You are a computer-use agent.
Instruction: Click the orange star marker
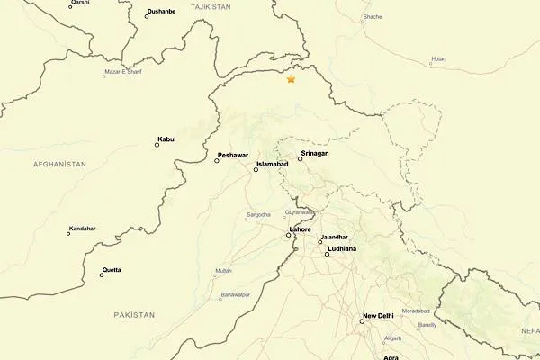point(291,79)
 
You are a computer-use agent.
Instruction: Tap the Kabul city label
point(166,139)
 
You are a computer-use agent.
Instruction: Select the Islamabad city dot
point(256,170)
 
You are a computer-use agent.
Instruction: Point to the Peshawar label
point(232,156)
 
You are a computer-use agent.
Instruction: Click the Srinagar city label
point(314,154)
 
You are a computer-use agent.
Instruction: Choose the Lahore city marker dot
point(289,236)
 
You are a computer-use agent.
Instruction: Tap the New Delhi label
point(378,316)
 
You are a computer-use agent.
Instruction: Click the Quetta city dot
point(102,275)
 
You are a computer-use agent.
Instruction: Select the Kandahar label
point(82,229)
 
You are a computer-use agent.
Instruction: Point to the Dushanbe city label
point(161,13)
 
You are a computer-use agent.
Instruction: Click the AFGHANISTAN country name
point(59,165)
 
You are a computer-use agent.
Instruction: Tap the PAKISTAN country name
point(135,314)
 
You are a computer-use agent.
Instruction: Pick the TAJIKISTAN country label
point(211,6)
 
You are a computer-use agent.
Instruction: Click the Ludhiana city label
point(342,247)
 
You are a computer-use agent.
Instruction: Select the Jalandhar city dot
point(319,242)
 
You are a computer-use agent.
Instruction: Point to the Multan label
point(223,270)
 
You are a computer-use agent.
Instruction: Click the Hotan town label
point(438,59)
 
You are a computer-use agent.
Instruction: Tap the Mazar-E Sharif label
point(123,71)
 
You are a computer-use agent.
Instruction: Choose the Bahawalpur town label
point(235,294)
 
